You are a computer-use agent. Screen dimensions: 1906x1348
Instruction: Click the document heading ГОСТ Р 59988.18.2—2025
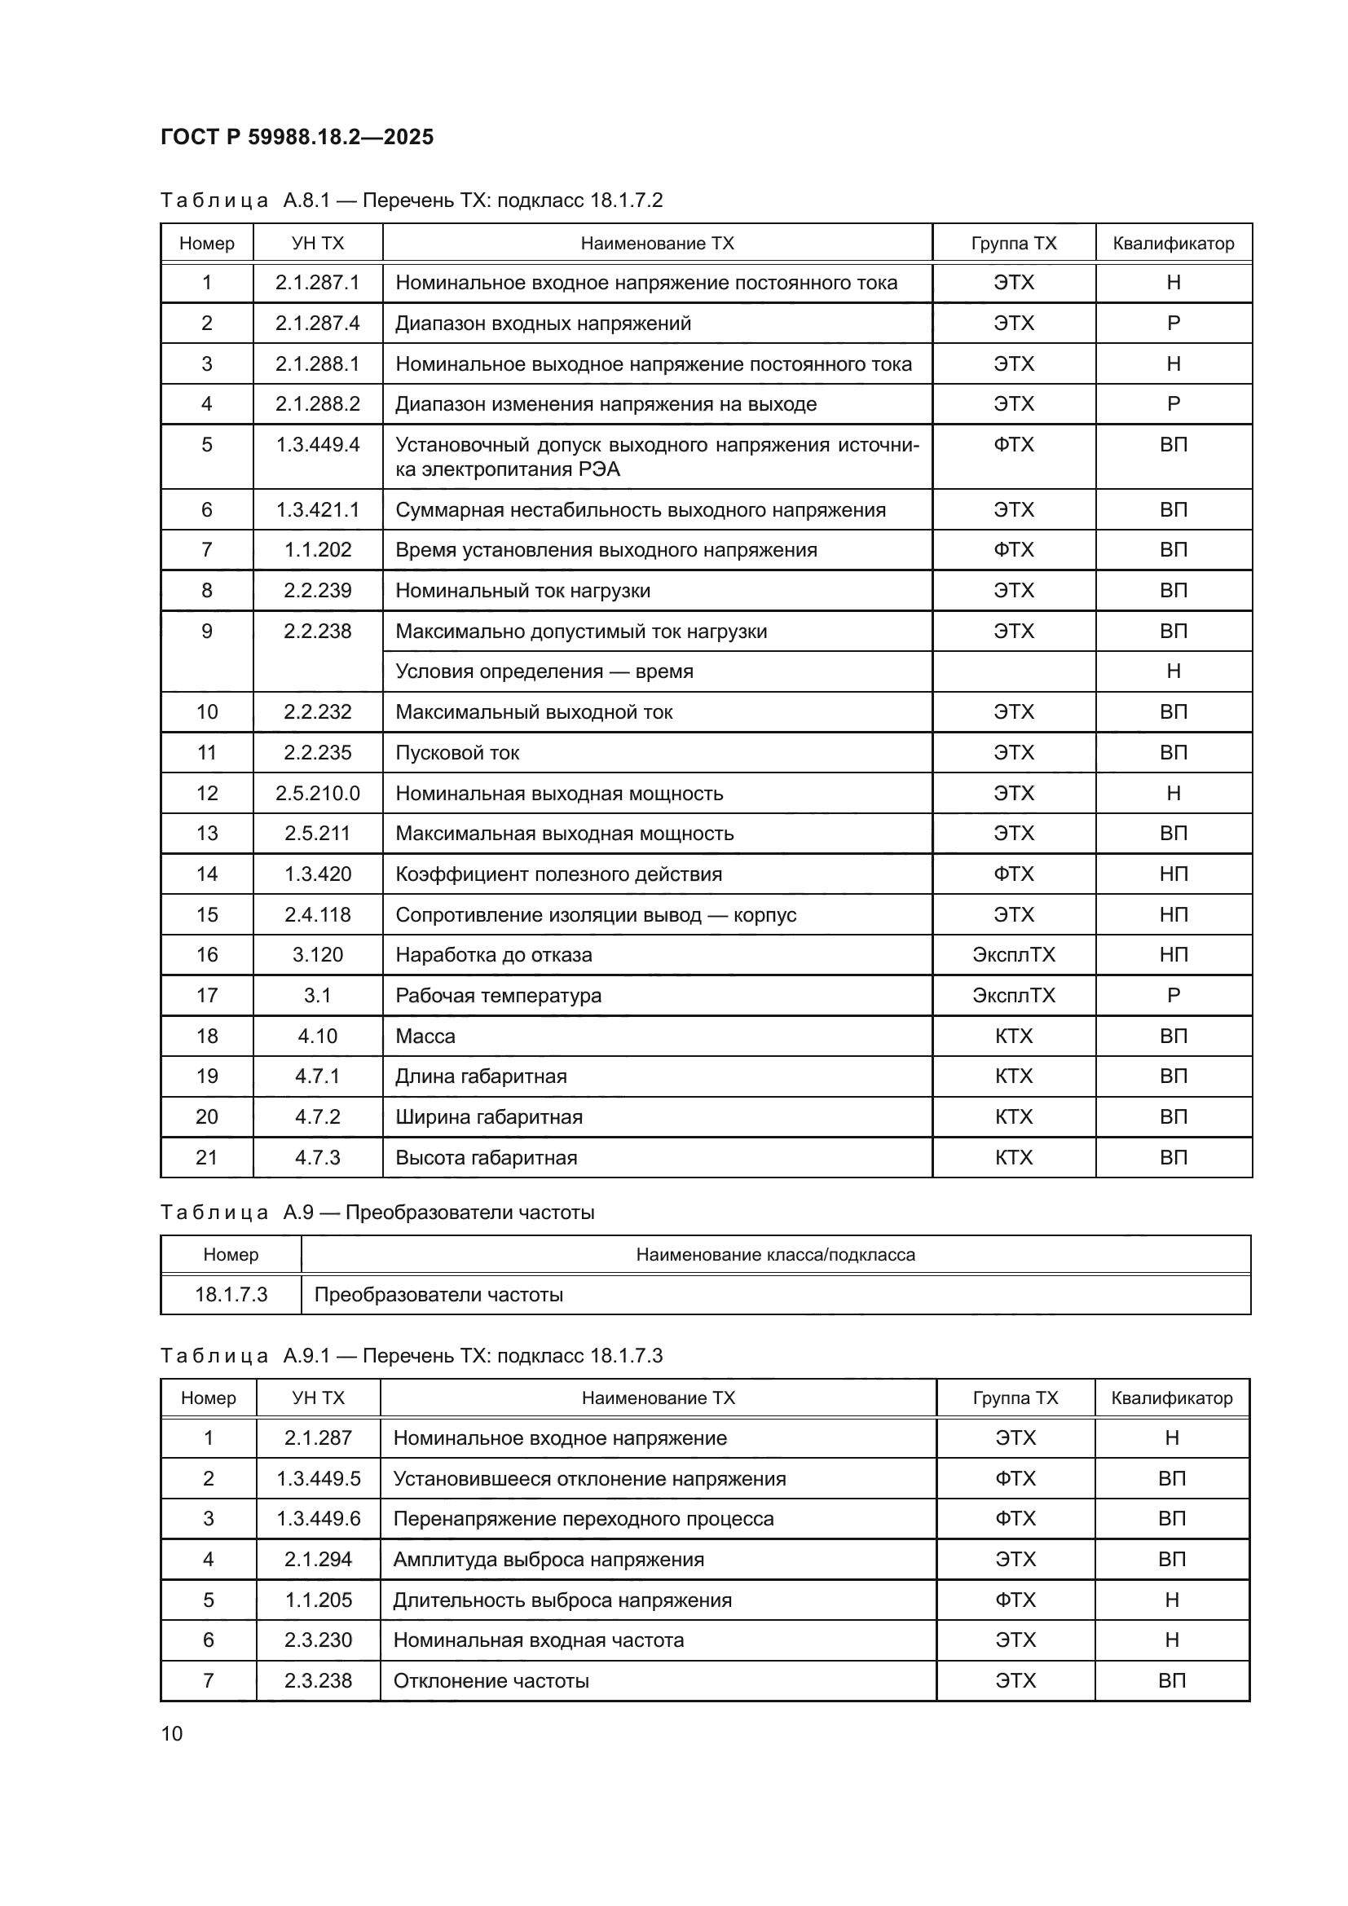[x=297, y=137]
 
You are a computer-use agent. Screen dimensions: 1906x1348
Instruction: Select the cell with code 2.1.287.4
[x=317, y=323]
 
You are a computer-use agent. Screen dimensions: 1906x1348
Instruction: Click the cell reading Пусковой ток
[x=457, y=752]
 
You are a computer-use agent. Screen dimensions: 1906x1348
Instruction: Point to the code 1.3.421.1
[x=317, y=509]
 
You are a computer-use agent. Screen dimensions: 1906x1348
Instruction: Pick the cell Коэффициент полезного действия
[x=558, y=874]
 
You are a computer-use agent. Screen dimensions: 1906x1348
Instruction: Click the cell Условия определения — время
[x=544, y=671]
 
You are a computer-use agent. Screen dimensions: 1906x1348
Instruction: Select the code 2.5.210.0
[x=317, y=793]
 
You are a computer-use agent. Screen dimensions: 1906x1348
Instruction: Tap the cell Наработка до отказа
[x=494, y=955]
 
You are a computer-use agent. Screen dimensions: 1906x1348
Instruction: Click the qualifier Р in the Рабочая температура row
[x=1173, y=994]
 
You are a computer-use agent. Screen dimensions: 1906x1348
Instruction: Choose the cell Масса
[x=425, y=1036]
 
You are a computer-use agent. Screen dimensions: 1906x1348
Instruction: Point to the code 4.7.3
[x=317, y=1157]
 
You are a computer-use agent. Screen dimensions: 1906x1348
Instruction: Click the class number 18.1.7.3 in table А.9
[x=231, y=1294]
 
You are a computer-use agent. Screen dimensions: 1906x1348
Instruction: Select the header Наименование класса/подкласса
[x=775, y=1254]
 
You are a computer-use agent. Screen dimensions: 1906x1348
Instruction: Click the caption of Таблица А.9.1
[x=411, y=1356]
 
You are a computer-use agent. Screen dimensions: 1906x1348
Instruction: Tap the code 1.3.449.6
[x=318, y=1518]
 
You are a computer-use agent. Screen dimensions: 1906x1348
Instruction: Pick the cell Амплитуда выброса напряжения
[x=548, y=1559]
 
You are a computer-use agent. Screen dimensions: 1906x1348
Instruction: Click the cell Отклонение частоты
[x=491, y=1680]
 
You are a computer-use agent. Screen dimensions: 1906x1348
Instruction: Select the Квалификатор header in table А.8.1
[x=1173, y=243]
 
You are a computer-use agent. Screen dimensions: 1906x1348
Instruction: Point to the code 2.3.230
[x=318, y=1640]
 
